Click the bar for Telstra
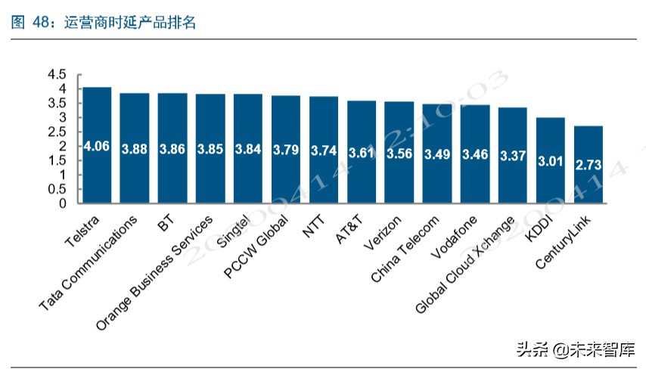97,145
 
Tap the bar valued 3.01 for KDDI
551,160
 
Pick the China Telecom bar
437,153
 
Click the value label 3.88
135,150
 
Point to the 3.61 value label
362,153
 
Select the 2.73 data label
589,165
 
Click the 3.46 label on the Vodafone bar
475,154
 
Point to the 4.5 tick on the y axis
57,74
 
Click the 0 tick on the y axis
63,203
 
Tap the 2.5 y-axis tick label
57,132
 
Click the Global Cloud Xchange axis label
465,265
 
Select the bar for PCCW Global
286,150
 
